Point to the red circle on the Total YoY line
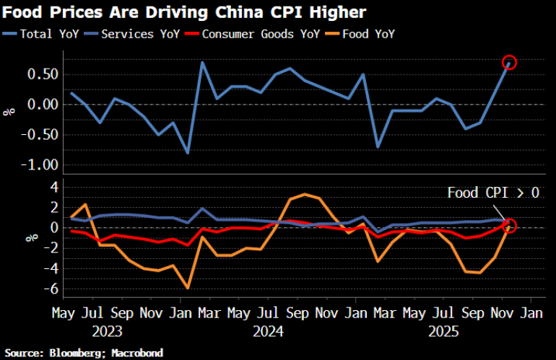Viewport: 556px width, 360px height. point(510,63)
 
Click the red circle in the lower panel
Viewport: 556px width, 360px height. point(510,226)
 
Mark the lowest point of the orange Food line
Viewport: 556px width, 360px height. point(188,287)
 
